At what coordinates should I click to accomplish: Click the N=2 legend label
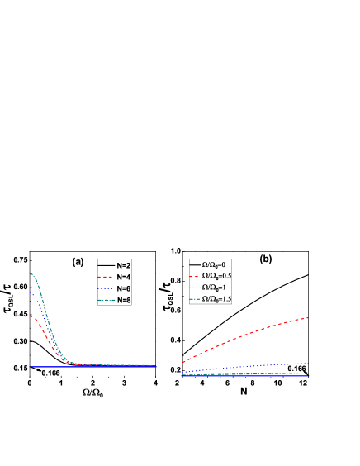point(123,265)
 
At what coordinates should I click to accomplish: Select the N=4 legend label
point(123,277)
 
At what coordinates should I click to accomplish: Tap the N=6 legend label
point(123,288)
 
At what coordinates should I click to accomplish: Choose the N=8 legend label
point(123,300)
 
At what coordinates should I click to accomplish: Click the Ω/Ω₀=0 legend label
point(215,264)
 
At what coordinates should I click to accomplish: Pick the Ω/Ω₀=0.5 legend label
point(217,276)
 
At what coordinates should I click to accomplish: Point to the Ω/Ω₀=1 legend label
point(215,288)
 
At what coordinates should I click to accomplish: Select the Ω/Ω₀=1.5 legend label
point(217,299)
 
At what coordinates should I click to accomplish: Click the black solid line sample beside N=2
point(106,265)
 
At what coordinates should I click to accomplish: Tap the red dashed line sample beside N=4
point(106,277)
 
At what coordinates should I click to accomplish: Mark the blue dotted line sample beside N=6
point(106,288)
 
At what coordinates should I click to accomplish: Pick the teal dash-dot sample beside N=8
point(106,300)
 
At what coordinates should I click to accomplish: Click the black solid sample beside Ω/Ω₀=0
point(195,264)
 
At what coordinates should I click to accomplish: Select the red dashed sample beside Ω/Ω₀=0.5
point(195,276)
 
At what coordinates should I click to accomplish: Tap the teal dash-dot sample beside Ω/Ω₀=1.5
point(195,299)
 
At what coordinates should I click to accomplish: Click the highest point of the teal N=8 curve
point(31,273)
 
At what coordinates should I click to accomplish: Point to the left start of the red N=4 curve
point(31,316)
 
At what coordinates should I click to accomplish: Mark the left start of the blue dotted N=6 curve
point(31,292)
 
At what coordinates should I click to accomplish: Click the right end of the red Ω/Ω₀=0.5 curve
point(308,317)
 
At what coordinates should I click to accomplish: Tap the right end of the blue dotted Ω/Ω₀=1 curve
point(308,364)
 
